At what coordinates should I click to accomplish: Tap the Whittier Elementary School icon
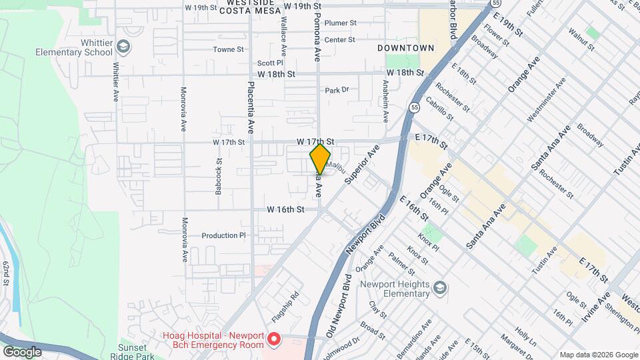pyautogui.click(x=123, y=46)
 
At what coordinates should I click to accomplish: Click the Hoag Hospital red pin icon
pyautogui.click(x=273, y=341)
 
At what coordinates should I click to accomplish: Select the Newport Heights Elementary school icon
pyautogui.click(x=439, y=288)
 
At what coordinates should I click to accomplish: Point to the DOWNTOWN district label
pyautogui.click(x=405, y=48)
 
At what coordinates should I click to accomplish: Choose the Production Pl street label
pyautogui.click(x=224, y=235)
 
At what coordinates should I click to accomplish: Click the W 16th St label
pyautogui.click(x=285, y=209)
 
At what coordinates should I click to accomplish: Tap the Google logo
pyautogui.click(x=23, y=351)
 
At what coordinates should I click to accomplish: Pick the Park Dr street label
pyautogui.click(x=337, y=90)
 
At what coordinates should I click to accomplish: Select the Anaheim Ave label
pyautogui.click(x=385, y=101)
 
